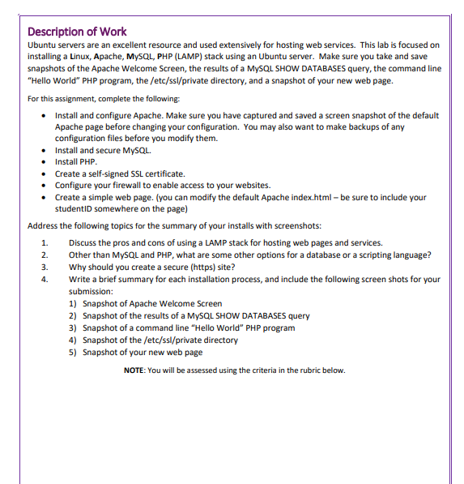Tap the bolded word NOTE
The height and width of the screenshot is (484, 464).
click(134, 370)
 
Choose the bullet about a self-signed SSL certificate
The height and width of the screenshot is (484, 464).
click(120, 173)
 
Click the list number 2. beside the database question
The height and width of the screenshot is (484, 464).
click(45, 255)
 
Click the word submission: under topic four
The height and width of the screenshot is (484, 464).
click(91, 291)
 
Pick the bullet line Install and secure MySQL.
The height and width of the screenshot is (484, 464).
click(102, 151)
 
